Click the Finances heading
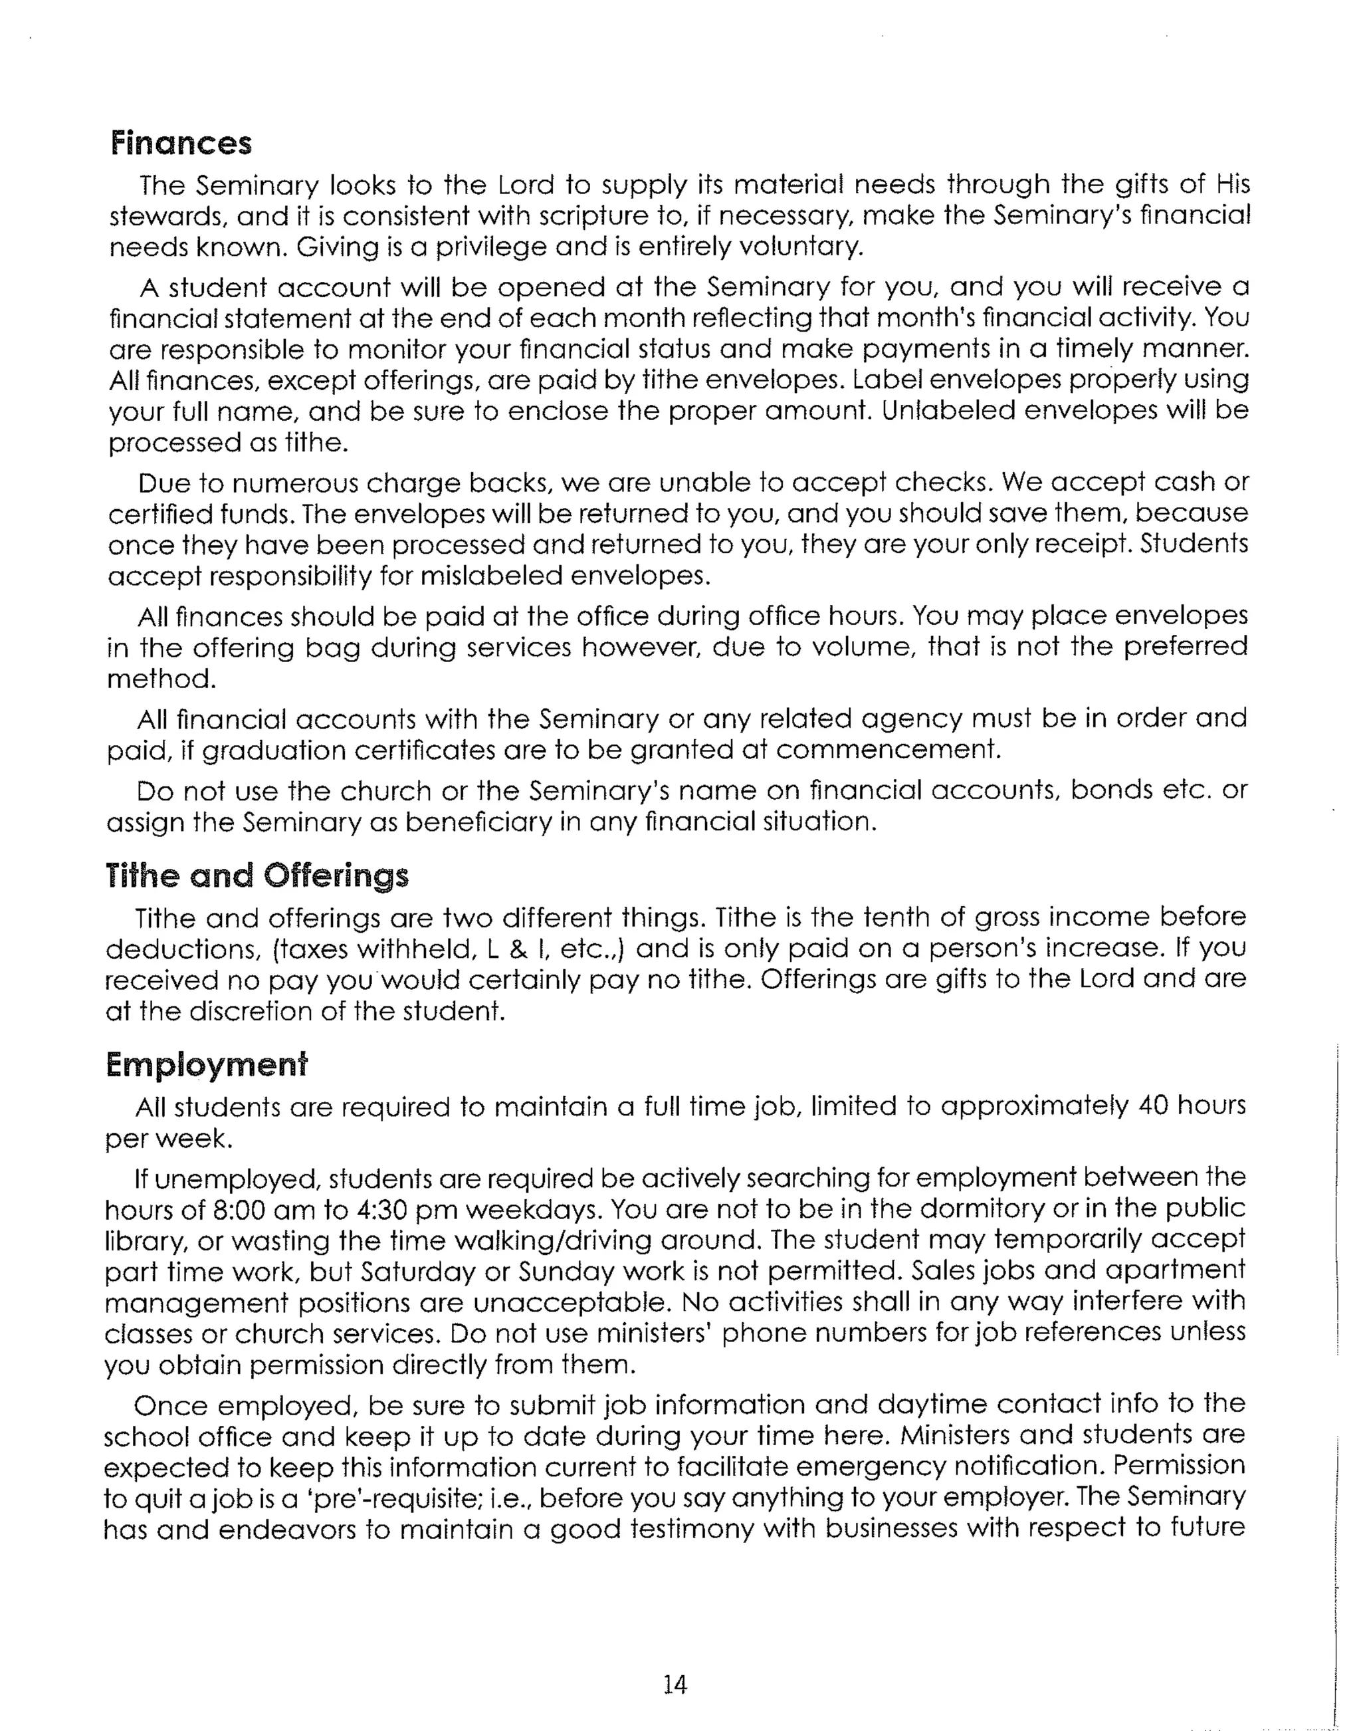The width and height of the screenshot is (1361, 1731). pos(181,144)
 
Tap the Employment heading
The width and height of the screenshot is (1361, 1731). pos(207,1065)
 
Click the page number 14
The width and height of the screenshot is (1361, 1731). pos(674,1684)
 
